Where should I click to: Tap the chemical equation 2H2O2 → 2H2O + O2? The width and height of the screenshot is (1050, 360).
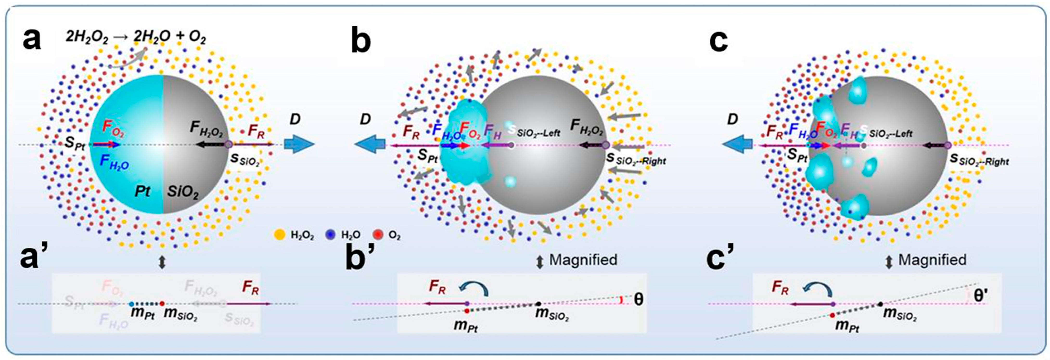coord(136,38)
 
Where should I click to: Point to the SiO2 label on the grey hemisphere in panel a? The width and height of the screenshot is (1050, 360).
coord(183,192)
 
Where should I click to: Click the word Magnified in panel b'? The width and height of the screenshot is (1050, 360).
coord(583,260)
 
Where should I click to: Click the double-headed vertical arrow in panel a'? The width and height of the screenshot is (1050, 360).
coord(162,263)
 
